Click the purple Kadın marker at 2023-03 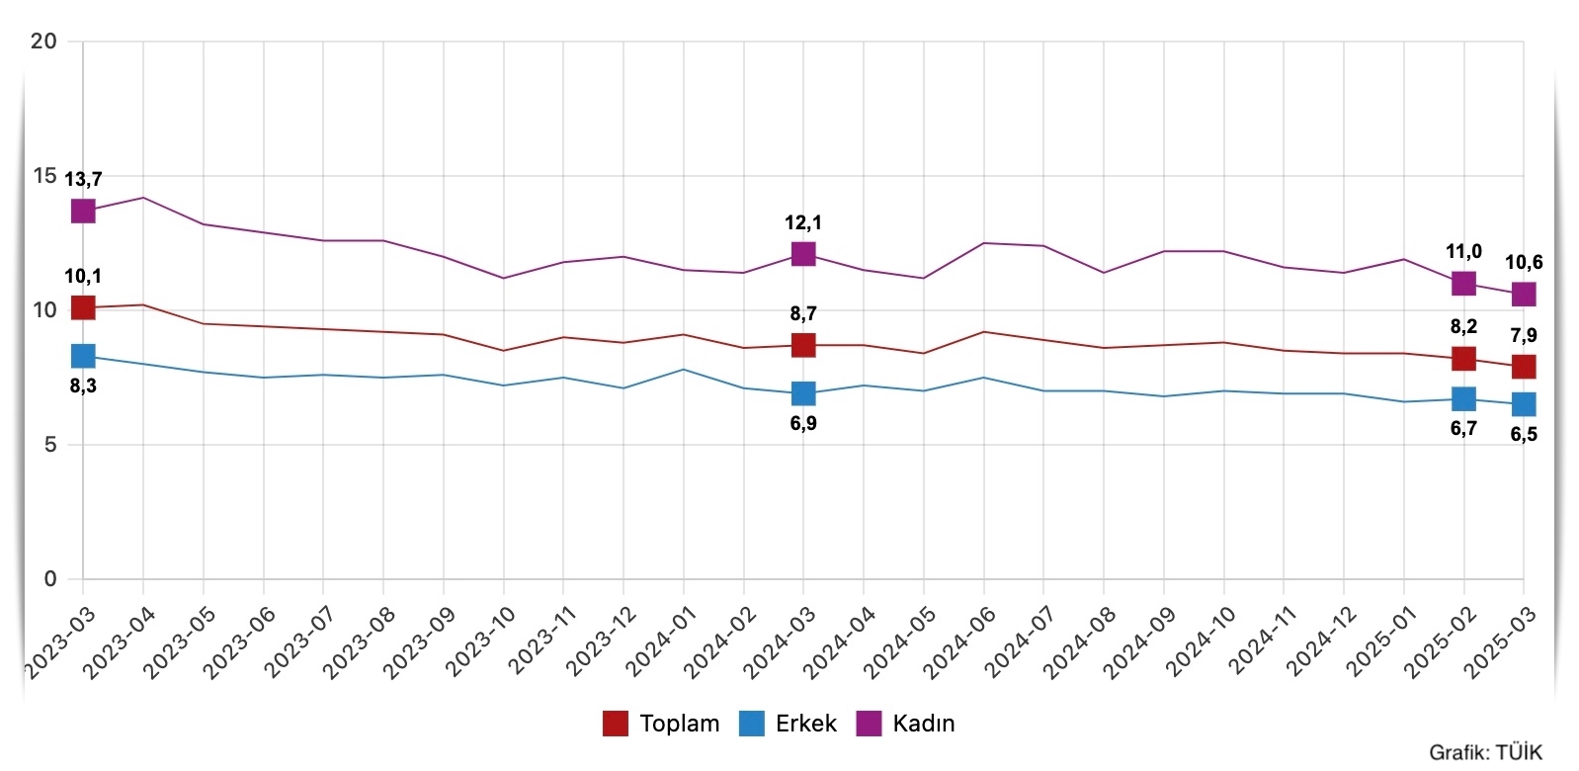click(83, 211)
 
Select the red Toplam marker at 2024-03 click(803, 345)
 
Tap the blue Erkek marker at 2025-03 click(1524, 404)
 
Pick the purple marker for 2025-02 click(1463, 284)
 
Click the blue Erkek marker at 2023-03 click(83, 356)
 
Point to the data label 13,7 click(83, 179)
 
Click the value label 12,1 click(803, 222)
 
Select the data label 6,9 click(803, 423)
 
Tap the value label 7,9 click(1524, 335)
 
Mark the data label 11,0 click(1463, 251)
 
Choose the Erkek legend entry click(789, 724)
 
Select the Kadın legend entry click(906, 724)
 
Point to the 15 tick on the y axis click(44, 176)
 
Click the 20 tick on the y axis click(44, 41)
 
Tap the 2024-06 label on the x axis click(958, 642)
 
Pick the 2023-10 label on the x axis click(479, 642)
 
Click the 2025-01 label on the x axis click(1379, 642)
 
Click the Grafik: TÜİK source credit click(1485, 752)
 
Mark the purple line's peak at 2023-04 click(143, 198)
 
